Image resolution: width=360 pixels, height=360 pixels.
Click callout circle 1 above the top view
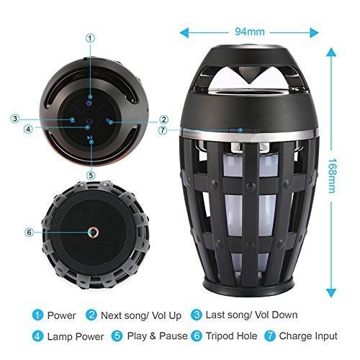pyautogui.click(x=90, y=38)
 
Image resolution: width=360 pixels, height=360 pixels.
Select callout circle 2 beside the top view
pyautogui.click(x=164, y=119)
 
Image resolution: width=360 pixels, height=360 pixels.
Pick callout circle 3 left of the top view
pyautogui.click(x=14, y=119)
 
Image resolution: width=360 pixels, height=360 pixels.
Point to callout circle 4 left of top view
pyautogui.click(x=28, y=130)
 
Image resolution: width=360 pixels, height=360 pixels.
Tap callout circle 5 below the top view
pyautogui.click(x=90, y=174)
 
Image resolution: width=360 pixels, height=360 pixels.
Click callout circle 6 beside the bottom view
pyautogui.click(x=28, y=232)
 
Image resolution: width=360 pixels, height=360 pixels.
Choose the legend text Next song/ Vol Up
pyautogui.click(x=130, y=315)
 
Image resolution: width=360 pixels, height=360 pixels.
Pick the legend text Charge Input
pyautogui.click(x=308, y=336)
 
